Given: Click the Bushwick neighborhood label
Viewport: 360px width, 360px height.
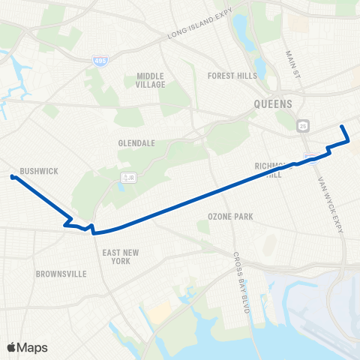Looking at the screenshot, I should pyautogui.click(x=39, y=171).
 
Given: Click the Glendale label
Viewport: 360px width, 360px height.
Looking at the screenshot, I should pyautogui.click(x=136, y=142).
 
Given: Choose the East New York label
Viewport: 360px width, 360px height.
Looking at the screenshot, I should pyautogui.click(x=116, y=256).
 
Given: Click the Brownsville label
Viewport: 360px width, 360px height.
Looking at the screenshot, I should pyautogui.click(x=60, y=274).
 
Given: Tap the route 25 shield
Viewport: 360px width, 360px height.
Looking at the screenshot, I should pyautogui.click(x=302, y=124).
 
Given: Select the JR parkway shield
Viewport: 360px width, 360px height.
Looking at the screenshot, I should pyautogui.click(x=129, y=177).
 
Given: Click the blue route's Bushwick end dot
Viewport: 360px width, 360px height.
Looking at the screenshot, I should pyautogui.click(x=13, y=177).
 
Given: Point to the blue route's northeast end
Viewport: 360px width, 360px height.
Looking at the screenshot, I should pyautogui.click(x=343, y=126).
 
